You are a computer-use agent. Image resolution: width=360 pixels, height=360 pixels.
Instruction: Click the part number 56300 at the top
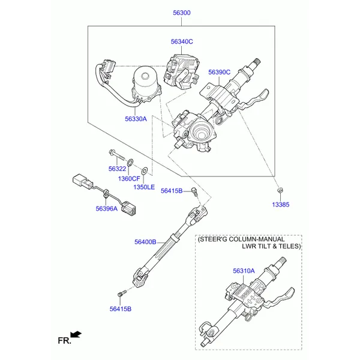pos(181,12)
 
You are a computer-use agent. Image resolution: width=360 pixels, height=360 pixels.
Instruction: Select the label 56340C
pos(181,42)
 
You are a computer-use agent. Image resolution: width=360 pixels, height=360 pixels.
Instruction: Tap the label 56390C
pos(219,72)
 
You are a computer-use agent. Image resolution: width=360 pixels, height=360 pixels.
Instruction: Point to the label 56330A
pos(136,119)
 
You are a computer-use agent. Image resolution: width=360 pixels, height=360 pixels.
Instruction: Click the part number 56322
pos(117,169)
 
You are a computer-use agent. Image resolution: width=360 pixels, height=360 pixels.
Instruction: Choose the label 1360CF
pos(129,178)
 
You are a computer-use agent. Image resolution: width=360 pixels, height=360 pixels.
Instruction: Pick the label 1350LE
pos(144,187)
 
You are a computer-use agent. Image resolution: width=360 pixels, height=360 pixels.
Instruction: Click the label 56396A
pos(107,209)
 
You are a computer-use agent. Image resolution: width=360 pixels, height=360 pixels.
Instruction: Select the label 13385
pos(280,205)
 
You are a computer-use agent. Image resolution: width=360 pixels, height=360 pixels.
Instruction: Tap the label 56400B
pos(145,242)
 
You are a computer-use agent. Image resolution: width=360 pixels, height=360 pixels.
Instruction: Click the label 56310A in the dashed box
pos(244,271)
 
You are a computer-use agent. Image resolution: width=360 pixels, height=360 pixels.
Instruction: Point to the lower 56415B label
pos(120,309)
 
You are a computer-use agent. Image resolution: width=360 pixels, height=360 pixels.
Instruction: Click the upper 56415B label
pos(172,191)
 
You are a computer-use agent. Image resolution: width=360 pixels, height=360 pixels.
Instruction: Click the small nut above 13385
pos(280,191)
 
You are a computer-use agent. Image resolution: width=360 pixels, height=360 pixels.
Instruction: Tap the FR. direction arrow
pos(76,334)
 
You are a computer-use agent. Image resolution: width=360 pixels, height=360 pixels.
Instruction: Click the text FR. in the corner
pos(64,341)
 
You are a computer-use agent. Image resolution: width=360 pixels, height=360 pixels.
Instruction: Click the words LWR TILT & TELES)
pos(271,246)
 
